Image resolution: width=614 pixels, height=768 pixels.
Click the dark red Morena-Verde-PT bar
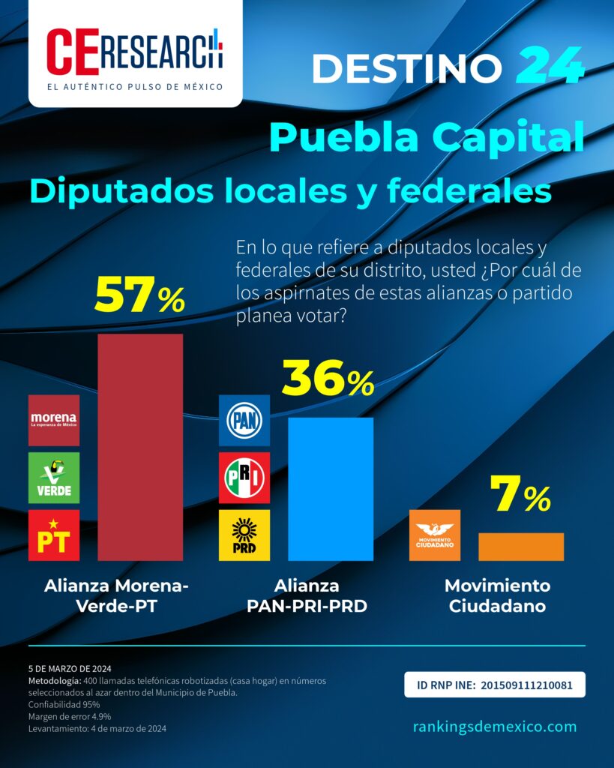coord(140,447)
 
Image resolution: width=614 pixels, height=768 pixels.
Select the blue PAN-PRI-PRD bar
coord(331,489)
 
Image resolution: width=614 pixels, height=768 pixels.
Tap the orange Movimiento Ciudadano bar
coord(521,547)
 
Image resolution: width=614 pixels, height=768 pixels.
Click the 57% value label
coord(139,295)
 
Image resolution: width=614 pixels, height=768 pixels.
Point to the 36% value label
coord(328,378)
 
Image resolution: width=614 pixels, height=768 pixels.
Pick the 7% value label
coord(520,494)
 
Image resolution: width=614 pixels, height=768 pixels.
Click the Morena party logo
coord(54,420)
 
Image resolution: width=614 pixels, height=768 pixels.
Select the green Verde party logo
coord(54,478)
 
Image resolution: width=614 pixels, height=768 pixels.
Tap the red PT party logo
coord(54,535)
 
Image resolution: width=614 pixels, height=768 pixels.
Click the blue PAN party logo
coord(244,420)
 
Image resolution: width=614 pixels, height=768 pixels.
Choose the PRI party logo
coord(244,478)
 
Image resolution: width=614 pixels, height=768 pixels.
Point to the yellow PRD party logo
coord(244,535)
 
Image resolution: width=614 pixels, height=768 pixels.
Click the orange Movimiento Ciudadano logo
coord(435,535)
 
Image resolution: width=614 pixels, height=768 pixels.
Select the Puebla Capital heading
coord(427,137)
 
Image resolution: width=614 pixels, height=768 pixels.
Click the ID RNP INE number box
coord(495,685)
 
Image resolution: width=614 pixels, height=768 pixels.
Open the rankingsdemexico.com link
coord(495,726)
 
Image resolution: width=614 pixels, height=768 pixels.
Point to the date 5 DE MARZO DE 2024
coord(70,668)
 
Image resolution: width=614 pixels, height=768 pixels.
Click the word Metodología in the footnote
coord(54,681)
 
